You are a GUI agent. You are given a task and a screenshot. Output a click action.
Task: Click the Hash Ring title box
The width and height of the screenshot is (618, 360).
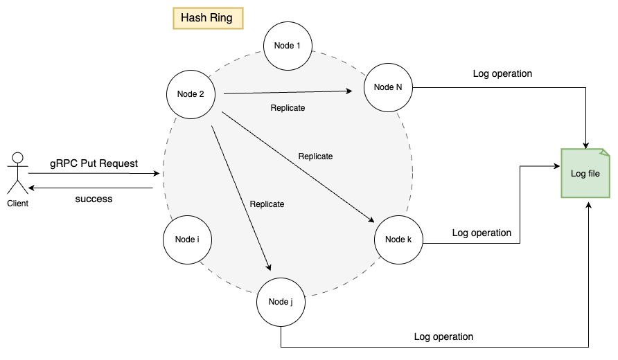[x=207, y=18]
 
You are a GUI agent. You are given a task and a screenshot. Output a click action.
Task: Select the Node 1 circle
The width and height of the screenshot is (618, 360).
[x=288, y=46]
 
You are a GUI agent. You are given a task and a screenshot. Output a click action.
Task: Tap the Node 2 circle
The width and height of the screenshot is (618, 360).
[x=191, y=94]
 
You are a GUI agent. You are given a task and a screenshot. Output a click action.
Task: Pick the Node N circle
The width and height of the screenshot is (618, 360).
[x=387, y=87]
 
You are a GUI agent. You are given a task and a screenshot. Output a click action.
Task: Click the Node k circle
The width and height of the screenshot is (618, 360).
[x=398, y=240]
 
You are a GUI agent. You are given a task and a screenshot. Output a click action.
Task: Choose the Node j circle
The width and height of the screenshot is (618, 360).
[x=281, y=302]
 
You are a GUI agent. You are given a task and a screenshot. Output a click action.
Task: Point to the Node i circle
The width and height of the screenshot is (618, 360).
[x=187, y=240]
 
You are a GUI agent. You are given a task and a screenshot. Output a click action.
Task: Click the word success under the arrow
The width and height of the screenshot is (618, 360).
[x=94, y=199]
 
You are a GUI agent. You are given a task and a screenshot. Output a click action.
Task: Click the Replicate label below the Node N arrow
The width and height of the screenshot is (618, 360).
[x=288, y=108]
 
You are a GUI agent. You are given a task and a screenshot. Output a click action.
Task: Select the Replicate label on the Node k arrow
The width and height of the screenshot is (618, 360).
[x=315, y=156]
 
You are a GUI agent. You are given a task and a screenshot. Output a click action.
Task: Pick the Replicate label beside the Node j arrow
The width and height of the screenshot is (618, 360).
[x=267, y=204]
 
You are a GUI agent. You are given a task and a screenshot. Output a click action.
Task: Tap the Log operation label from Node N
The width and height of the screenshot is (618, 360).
[x=502, y=73]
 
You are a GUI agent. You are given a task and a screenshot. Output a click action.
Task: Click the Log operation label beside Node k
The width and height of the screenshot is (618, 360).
[x=482, y=233]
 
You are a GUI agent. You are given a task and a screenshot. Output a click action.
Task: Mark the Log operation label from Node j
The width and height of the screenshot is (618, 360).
[x=443, y=336]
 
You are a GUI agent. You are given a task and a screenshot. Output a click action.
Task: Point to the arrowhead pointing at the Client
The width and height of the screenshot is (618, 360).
[x=32, y=187]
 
